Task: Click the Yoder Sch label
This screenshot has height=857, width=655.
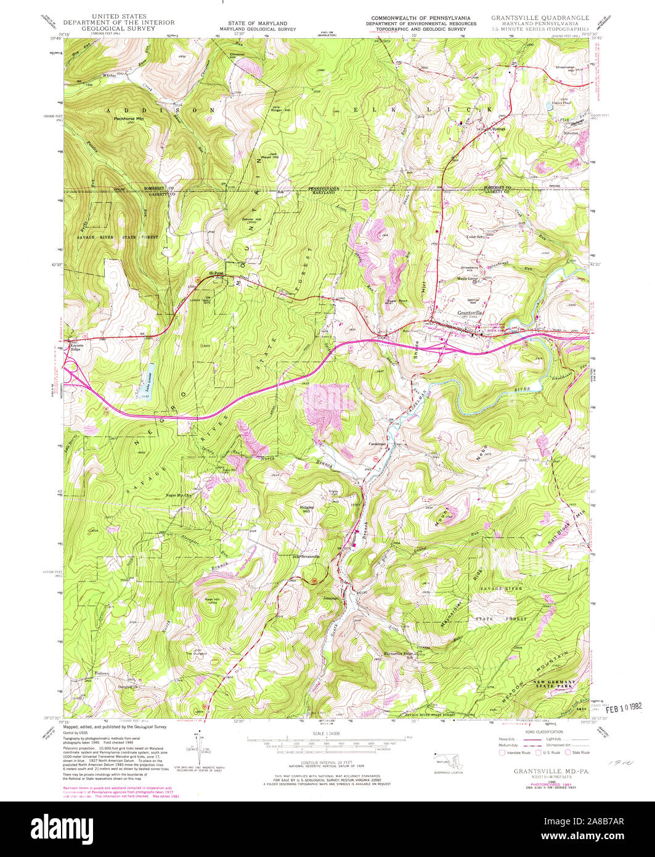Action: (478, 237)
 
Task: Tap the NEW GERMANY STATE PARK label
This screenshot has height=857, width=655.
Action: (553, 683)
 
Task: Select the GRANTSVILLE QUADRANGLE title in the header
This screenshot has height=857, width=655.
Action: (540, 18)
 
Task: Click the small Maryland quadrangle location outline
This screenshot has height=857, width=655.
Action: (444, 757)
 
